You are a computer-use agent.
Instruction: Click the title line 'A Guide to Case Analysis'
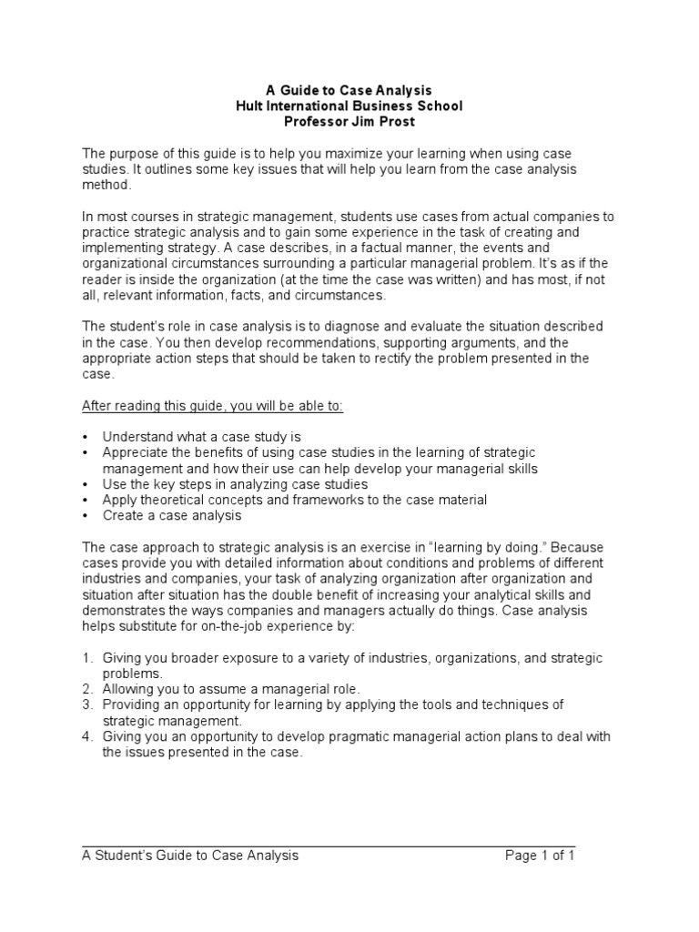click(349, 90)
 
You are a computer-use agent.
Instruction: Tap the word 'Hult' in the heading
click(250, 106)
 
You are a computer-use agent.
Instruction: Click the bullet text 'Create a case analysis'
click(172, 516)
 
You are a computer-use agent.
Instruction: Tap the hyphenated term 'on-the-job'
click(225, 626)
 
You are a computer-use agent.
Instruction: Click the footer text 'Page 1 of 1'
click(541, 856)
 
